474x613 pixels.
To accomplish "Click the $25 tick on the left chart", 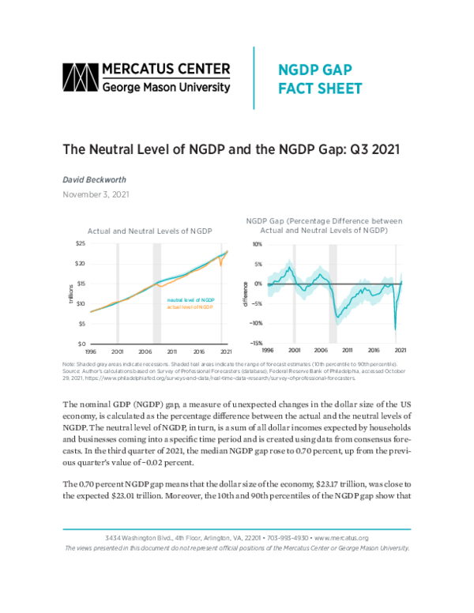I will [x=81, y=243].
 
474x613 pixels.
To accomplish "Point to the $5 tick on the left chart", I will [x=81, y=324].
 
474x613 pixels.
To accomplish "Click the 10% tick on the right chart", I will [x=258, y=243].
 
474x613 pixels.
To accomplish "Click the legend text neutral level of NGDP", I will [x=190, y=300].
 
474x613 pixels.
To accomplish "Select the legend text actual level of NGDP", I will [x=190, y=307].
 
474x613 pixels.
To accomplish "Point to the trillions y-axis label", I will [x=71, y=293].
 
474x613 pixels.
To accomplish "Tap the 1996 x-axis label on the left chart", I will [x=90, y=350].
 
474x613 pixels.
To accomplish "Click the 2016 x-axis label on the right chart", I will [x=374, y=350].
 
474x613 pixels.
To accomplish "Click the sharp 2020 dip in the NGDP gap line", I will [x=395, y=328].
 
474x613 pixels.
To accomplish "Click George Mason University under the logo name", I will [x=167, y=87].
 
